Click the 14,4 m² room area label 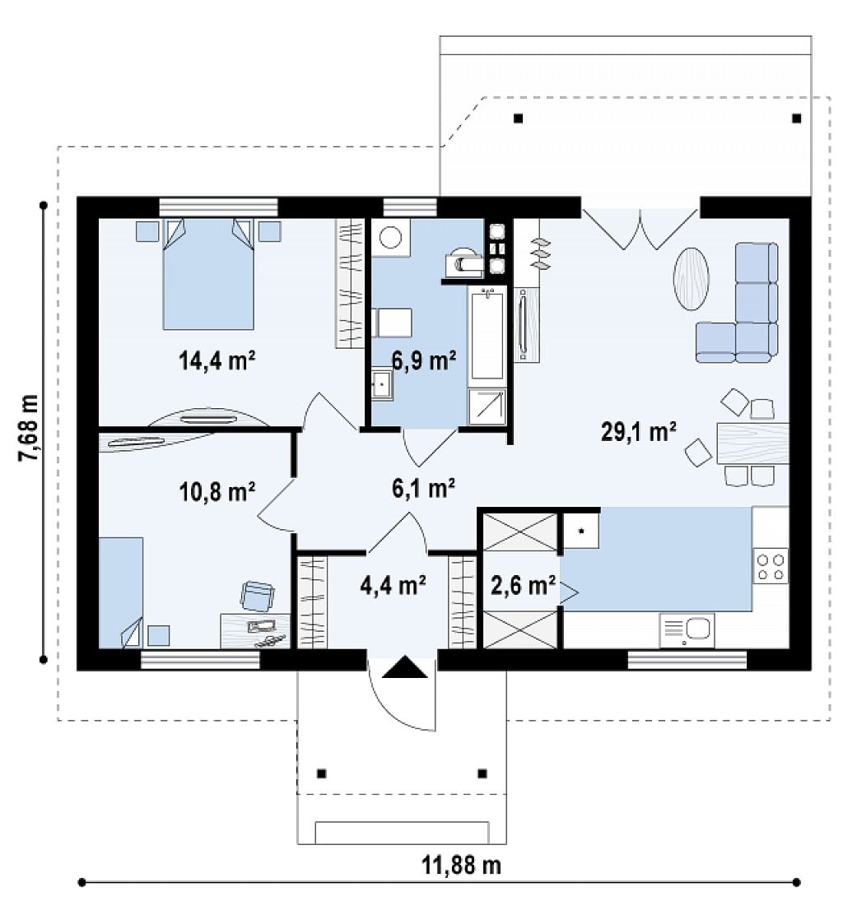(217, 360)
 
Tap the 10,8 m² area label (217, 491)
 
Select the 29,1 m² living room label (639, 432)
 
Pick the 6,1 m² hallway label (423, 488)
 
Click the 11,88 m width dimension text (462, 865)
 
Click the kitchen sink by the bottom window (687, 630)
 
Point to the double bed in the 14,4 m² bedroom (208, 274)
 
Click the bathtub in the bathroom (487, 334)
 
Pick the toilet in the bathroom (464, 262)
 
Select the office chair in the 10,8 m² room (257, 596)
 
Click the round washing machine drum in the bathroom (390, 238)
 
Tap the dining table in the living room (752, 443)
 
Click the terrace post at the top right (796, 118)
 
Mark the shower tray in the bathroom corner (487, 406)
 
